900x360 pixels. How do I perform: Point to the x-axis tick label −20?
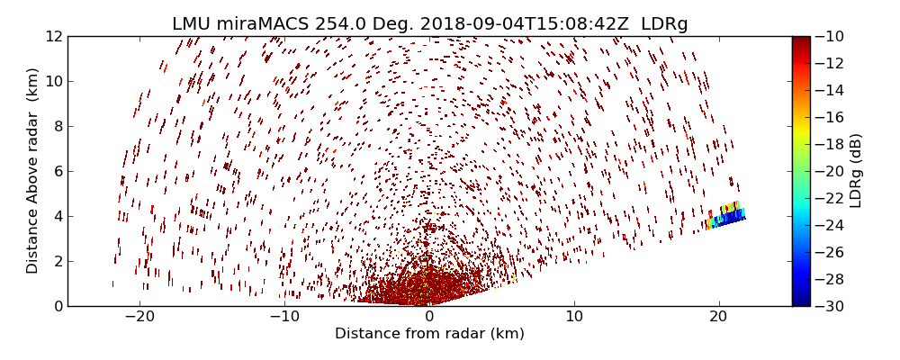(x=139, y=317)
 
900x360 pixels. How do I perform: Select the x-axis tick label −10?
(x=284, y=317)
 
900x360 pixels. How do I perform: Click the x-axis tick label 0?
(x=429, y=317)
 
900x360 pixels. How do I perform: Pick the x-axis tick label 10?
(x=573, y=317)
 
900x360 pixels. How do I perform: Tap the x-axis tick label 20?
(x=718, y=317)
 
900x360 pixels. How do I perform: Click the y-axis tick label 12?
(x=54, y=36)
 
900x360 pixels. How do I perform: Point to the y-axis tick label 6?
(x=58, y=171)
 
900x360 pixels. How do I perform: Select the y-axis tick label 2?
(x=58, y=261)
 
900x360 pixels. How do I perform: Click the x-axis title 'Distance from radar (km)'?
(x=429, y=334)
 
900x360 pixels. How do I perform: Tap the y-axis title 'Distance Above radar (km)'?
(x=33, y=171)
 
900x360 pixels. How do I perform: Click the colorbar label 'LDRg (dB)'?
(x=856, y=171)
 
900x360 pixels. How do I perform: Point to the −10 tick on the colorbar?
(x=829, y=36)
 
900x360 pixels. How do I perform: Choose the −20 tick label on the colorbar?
(x=829, y=171)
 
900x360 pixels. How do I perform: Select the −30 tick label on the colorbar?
(x=829, y=306)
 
